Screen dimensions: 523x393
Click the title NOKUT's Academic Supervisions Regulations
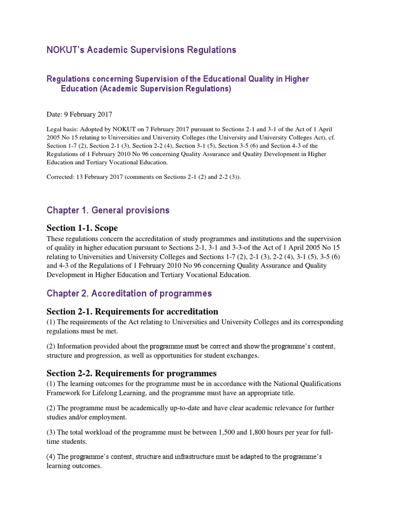(x=141, y=50)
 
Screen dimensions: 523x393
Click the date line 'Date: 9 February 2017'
(x=79, y=114)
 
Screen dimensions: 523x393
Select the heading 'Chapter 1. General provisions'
(x=107, y=210)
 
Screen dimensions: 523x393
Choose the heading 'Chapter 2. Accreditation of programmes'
(x=129, y=294)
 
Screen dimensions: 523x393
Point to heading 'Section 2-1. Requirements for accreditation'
(x=132, y=312)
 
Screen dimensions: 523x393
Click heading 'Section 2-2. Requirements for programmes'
(x=132, y=373)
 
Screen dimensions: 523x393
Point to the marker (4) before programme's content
(x=51, y=456)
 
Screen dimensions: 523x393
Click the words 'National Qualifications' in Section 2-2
(x=302, y=383)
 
